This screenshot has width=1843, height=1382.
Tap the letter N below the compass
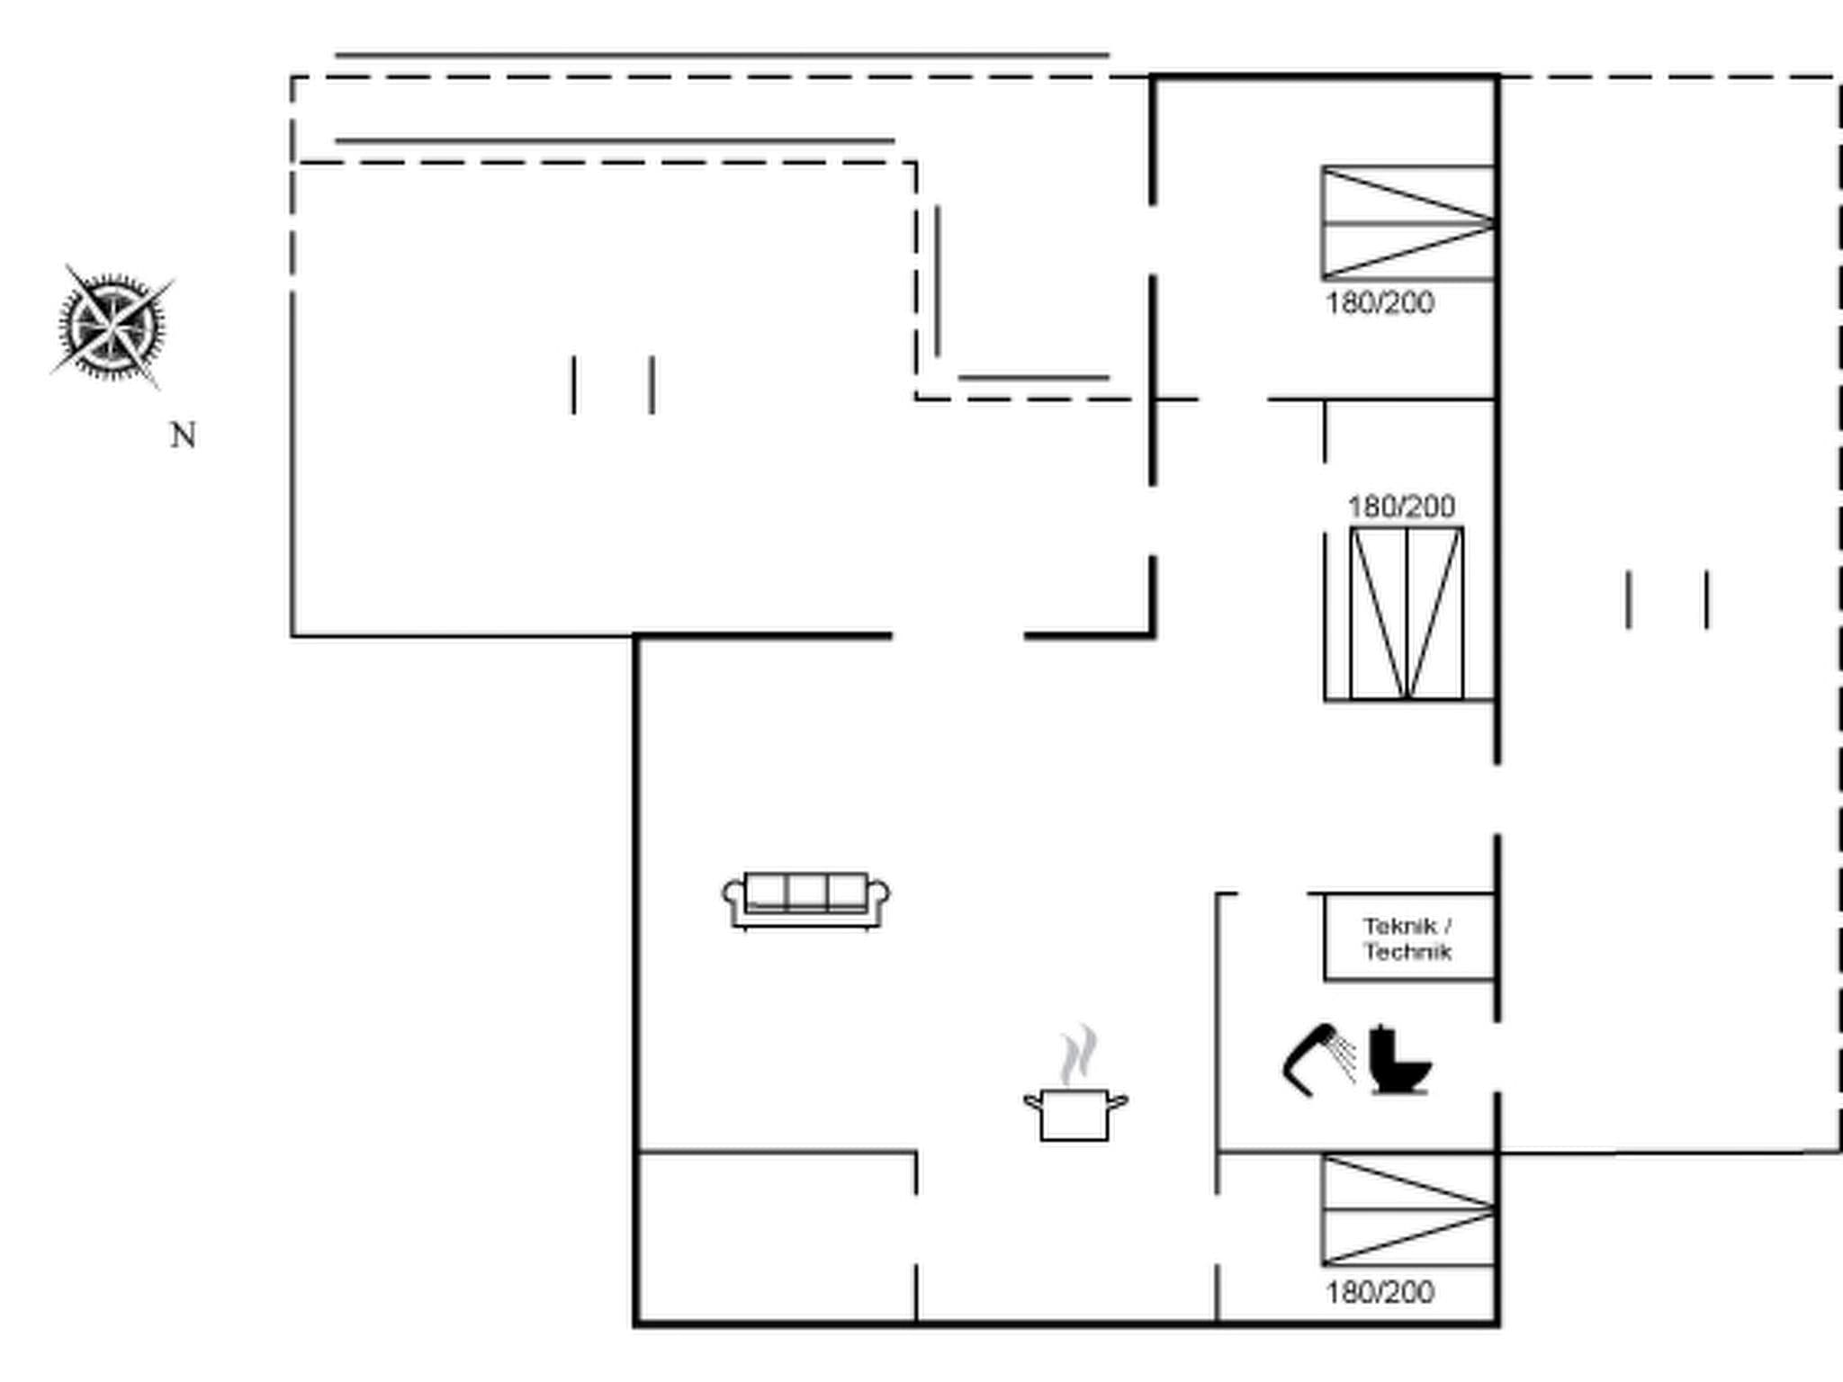tap(184, 435)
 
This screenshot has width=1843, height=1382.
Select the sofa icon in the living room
tap(806, 899)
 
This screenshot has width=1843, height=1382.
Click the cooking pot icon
tap(1074, 1114)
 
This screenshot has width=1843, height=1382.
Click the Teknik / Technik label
tap(1407, 938)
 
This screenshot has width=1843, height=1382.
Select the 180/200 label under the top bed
tap(1380, 303)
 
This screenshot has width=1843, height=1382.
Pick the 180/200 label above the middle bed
tap(1401, 507)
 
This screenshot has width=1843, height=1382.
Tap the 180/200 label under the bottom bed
tap(1380, 1293)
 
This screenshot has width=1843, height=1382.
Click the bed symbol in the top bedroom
tap(1407, 222)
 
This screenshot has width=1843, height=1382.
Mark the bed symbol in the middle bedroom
tap(1406, 613)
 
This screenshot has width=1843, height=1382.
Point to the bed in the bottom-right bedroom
tap(1407, 1210)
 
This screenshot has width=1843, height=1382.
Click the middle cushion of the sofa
tap(806, 891)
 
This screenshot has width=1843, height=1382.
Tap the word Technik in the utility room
tap(1407, 952)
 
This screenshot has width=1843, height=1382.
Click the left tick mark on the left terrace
tap(574, 385)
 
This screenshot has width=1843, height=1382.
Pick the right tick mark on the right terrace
tap(1707, 599)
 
